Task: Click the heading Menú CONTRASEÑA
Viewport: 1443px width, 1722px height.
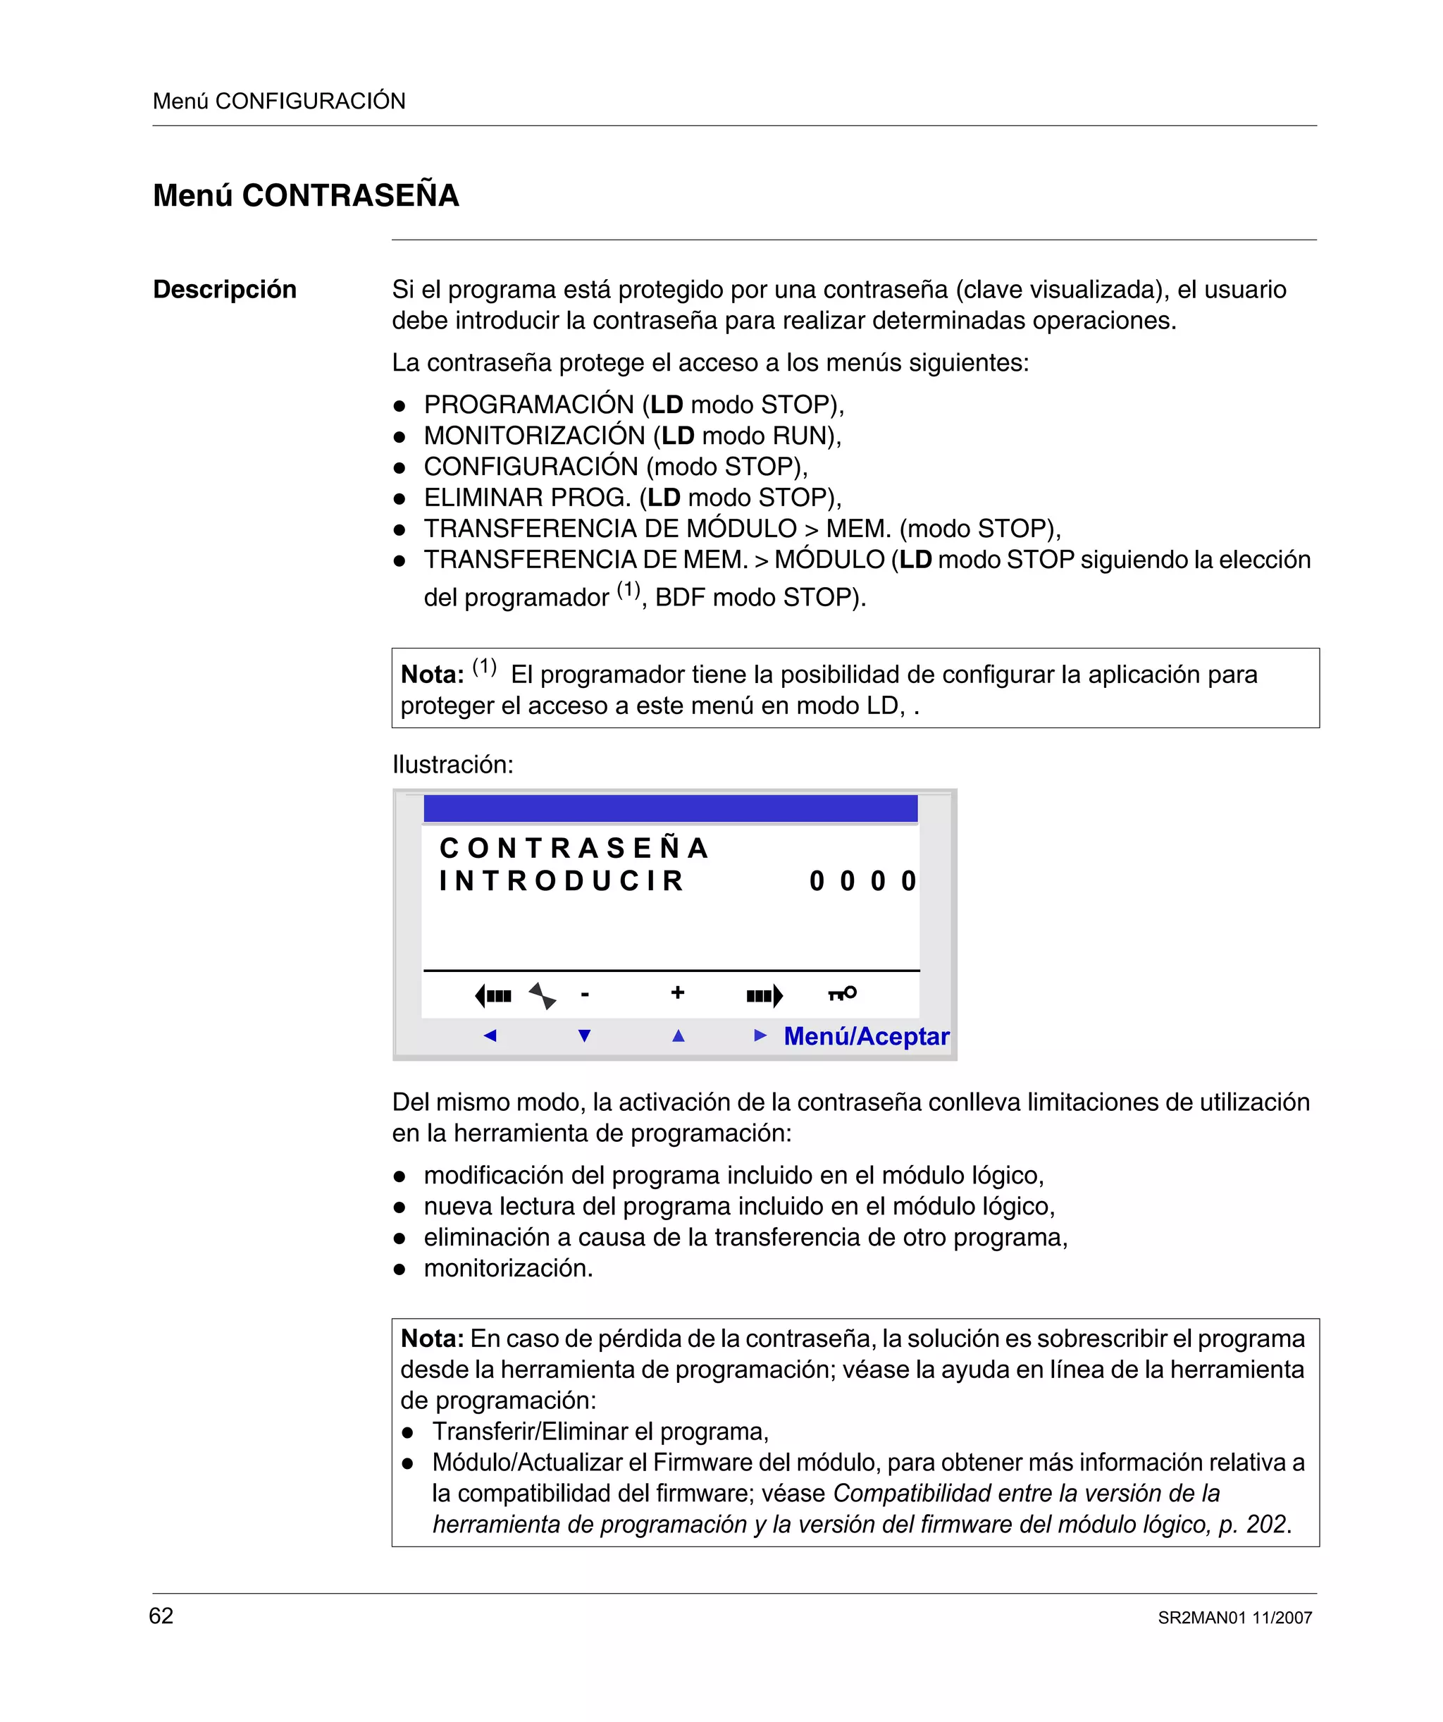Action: coord(306,195)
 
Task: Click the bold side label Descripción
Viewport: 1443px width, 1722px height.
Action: coord(225,290)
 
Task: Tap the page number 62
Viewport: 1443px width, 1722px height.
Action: coord(161,1616)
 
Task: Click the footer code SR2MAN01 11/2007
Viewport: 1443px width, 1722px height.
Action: coord(1234,1618)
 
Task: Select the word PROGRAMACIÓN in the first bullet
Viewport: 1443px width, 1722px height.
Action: coord(529,405)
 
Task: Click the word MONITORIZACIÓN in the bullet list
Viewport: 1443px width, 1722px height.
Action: coord(535,436)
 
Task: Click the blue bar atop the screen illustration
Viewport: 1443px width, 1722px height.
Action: coord(670,808)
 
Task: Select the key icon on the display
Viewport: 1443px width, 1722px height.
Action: coord(842,993)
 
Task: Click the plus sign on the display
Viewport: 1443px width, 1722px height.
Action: coord(677,992)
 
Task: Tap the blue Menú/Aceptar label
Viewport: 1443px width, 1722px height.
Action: coord(866,1036)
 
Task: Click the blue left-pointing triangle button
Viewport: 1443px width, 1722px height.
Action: coord(490,1035)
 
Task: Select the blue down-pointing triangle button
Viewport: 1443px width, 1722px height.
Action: coord(585,1035)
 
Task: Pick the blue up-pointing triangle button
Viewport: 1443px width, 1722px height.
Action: coord(678,1035)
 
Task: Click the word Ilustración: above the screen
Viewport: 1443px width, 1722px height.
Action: coord(452,764)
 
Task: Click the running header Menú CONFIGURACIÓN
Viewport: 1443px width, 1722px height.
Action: coord(279,101)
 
